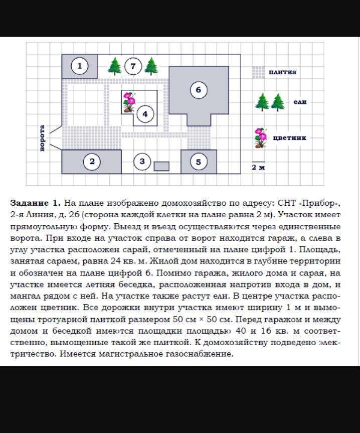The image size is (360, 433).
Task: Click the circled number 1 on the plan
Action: [x=79, y=66]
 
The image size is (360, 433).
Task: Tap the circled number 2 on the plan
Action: [x=92, y=162]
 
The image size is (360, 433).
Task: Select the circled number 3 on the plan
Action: [x=142, y=162]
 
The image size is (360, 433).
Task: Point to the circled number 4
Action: [x=145, y=114]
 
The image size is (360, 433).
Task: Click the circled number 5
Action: [x=199, y=162]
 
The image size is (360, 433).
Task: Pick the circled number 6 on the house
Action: [x=199, y=90]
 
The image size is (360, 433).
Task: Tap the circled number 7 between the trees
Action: [x=133, y=66]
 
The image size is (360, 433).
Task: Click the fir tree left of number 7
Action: [x=115, y=66]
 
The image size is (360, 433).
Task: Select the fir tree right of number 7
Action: [x=151, y=66]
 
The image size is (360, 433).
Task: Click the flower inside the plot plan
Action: [x=129, y=102]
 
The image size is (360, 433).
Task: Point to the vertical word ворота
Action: [x=43, y=138]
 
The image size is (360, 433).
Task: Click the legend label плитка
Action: [x=282, y=72]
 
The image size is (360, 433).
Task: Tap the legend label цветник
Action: [x=290, y=137]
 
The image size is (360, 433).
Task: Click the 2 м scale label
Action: [x=258, y=168]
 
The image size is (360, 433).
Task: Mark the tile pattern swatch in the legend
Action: [x=258, y=72]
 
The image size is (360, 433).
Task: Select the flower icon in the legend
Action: [x=260, y=138]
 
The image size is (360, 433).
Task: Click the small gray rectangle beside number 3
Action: [x=161, y=166]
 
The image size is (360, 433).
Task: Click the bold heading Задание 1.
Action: [x=36, y=203]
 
